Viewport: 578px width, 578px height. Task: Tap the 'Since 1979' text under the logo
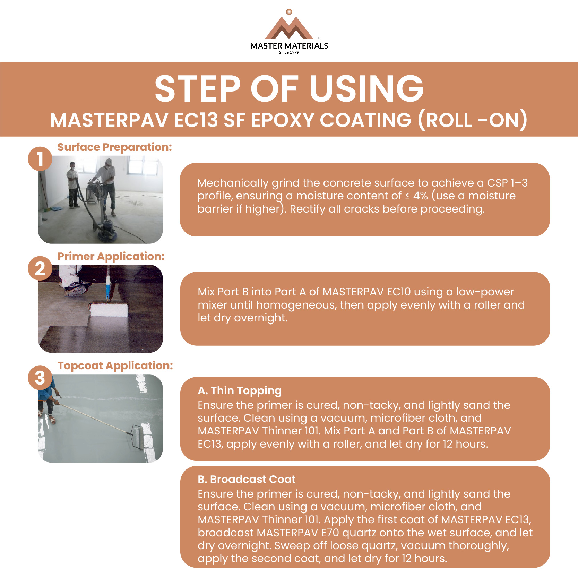pos(289,53)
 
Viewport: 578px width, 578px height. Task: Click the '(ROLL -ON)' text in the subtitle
pos(472,120)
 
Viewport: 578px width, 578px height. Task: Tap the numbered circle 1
pos(40,159)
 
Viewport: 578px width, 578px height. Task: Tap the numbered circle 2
pos(40,268)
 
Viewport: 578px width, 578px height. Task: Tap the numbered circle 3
pos(40,378)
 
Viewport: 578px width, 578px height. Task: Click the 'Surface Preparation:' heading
pos(114,147)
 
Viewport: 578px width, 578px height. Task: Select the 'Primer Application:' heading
pos(111,256)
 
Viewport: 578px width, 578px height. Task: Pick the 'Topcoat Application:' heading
pos(115,365)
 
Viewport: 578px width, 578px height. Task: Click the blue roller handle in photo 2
pos(108,290)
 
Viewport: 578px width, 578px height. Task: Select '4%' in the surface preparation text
pos(420,196)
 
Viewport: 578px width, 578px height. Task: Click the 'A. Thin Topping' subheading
pos(240,390)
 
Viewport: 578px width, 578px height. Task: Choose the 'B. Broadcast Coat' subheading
pos(247,479)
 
